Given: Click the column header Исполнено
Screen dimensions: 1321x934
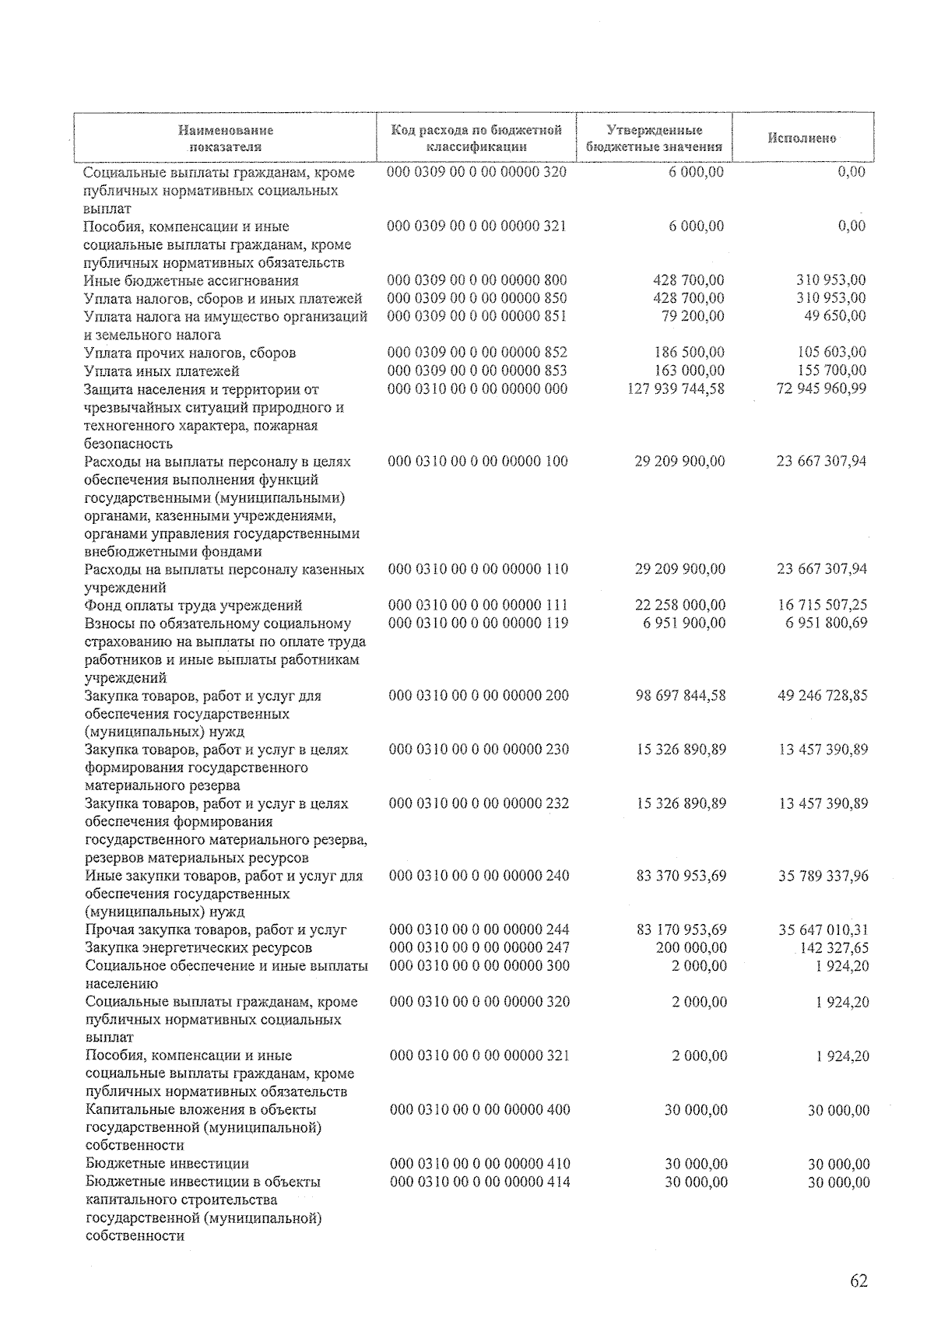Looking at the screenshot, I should tap(802, 138).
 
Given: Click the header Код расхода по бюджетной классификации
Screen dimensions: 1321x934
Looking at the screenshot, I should tap(476, 138).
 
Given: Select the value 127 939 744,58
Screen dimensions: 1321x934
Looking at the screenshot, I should tap(675, 388).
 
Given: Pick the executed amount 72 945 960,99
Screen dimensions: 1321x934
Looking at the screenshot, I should tap(821, 388).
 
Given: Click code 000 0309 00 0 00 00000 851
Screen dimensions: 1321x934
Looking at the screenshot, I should tap(476, 316).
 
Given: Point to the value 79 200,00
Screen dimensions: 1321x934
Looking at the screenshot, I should tap(692, 316).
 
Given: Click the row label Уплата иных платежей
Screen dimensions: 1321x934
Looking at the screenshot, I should tap(161, 371).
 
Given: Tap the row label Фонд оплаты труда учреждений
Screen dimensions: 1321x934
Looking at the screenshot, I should tap(193, 606).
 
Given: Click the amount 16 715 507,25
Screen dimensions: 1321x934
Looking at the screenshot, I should tap(822, 605).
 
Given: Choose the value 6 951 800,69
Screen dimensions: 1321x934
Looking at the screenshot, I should tap(826, 623).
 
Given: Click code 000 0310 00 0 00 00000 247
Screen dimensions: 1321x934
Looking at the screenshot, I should tap(479, 947).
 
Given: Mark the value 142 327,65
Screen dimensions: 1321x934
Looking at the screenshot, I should tap(834, 948).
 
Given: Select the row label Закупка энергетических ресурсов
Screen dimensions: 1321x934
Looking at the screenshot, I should tap(198, 948).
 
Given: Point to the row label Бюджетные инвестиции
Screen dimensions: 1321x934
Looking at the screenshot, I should tap(167, 1164).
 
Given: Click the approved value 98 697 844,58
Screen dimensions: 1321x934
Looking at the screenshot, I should tap(680, 695).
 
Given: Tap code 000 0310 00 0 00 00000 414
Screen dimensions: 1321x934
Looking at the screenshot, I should tap(479, 1182).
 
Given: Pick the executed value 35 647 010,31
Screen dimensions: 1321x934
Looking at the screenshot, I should tap(823, 929).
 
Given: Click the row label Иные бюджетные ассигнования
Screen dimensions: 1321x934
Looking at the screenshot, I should tap(191, 281).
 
